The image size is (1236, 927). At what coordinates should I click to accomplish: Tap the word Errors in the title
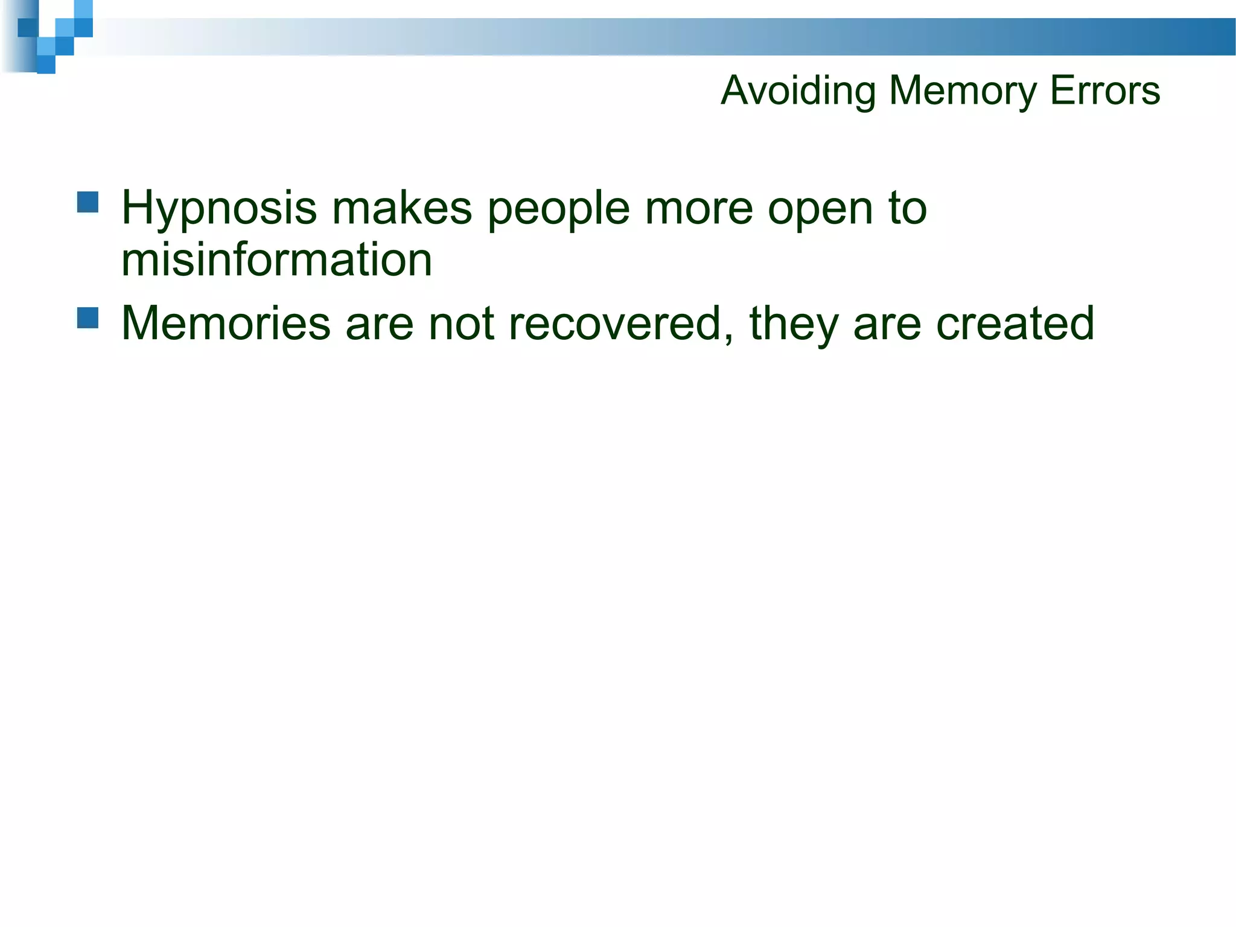(1105, 91)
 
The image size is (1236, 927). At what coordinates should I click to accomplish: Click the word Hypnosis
(218, 209)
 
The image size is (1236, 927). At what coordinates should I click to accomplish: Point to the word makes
(401, 208)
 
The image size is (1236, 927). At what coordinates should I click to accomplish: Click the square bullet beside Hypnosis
(88, 202)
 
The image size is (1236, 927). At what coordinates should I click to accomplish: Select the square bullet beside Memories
(88, 317)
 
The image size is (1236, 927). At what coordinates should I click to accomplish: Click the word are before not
(380, 324)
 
